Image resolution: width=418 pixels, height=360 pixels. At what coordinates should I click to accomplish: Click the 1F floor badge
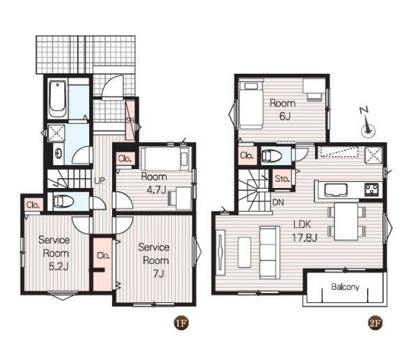[181, 323]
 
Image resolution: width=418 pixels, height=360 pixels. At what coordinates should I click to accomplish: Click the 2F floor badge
[375, 323]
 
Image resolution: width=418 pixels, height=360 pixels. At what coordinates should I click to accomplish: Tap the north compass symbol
[367, 123]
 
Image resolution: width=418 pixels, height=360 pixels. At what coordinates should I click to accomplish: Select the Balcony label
[345, 287]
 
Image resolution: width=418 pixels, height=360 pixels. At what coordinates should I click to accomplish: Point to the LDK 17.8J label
[304, 230]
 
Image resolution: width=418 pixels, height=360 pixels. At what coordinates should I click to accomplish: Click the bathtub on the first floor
[57, 99]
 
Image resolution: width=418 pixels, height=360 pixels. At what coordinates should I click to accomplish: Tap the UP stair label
[100, 180]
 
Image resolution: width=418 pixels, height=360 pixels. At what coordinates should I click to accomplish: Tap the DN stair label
[278, 202]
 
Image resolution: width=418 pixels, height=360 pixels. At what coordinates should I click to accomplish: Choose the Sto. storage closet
[282, 178]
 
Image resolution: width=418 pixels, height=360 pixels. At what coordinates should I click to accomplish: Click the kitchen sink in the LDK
[336, 190]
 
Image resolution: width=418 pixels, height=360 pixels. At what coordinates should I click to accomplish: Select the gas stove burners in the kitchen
[371, 189]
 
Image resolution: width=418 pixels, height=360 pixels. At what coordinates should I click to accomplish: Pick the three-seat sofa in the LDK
[270, 253]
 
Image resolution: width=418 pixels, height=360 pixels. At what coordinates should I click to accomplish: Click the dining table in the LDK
[346, 221]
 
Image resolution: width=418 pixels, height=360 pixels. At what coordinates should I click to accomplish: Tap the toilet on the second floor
[272, 156]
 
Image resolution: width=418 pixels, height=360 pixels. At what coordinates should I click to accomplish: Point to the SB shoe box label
[130, 120]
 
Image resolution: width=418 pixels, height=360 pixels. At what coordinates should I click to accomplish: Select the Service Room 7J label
[154, 260]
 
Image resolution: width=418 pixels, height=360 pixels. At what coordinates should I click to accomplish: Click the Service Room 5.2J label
[54, 253]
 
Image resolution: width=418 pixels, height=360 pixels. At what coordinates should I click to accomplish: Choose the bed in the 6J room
[251, 105]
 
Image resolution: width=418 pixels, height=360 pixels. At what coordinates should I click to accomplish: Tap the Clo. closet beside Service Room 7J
[103, 263]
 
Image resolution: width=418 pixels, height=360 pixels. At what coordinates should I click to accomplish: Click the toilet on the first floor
[63, 201]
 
